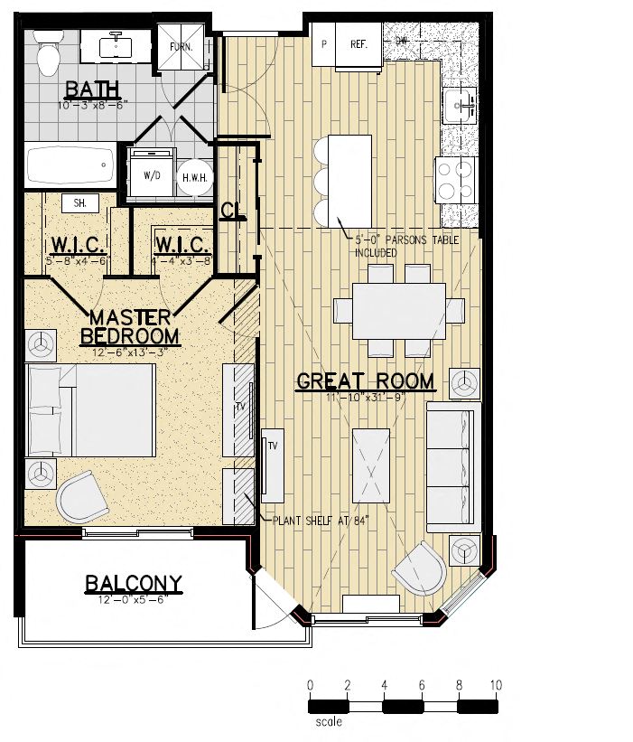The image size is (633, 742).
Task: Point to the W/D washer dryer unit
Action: (149, 174)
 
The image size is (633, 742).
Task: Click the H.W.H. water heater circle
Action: (194, 178)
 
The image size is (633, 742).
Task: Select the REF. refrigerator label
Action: (358, 43)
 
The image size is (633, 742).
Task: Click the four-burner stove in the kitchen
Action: (456, 179)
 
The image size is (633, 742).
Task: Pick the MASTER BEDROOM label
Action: (130, 326)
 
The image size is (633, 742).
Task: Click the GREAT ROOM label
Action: (365, 381)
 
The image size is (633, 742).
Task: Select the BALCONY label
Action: (134, 583)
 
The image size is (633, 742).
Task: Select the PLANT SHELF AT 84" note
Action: (312, 520)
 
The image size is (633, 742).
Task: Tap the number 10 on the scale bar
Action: (495, 686)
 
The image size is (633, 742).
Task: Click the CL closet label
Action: (231, 211)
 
